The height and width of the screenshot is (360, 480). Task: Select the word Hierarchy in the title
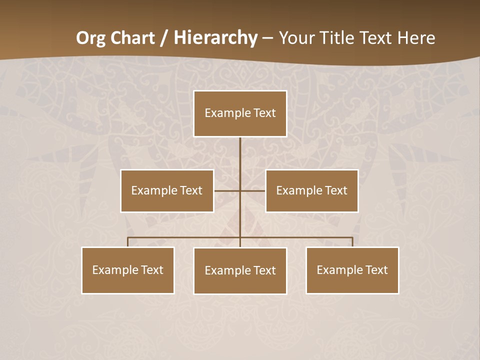[215, 38]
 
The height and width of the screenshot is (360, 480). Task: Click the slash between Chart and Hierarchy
[164, 38]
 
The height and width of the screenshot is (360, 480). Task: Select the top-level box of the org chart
[240, 125]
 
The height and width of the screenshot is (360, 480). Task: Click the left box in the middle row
[167, 202]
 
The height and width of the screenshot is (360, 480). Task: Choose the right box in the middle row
[312, 202]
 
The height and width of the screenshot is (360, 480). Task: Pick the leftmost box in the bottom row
[128, 282]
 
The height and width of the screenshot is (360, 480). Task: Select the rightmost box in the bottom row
[352, 282]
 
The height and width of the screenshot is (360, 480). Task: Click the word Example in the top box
[222, 113]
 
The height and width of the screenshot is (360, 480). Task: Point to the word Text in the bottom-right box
[376, 270]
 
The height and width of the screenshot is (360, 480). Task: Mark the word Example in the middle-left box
[149, 190]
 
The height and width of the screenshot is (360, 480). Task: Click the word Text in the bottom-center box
[264, 270]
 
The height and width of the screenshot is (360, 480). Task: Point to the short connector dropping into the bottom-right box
[352, 242]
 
